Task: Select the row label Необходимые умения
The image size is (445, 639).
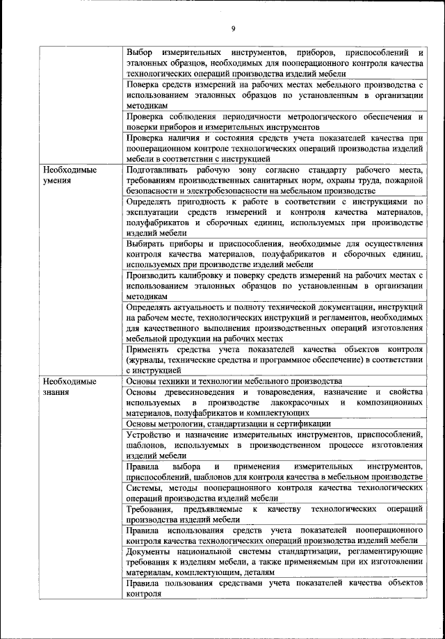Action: (x=69, y=175)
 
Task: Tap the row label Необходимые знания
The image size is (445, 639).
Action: (x=69, y=387)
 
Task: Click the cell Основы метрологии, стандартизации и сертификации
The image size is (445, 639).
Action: (x=229, y=423)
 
